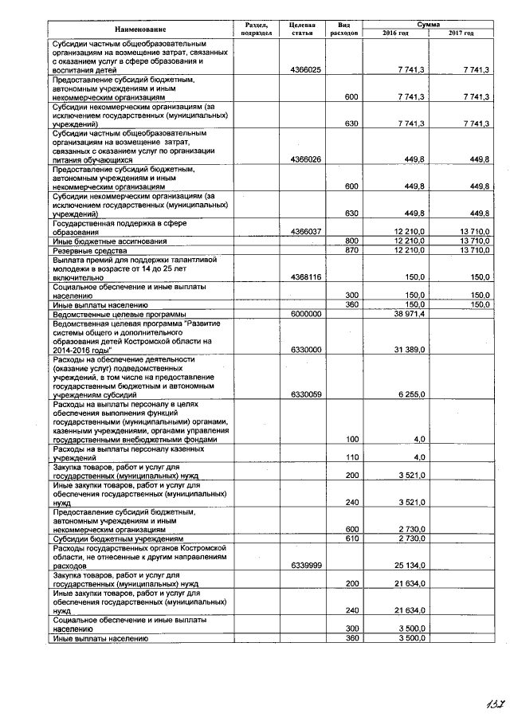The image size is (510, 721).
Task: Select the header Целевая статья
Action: (306, 29)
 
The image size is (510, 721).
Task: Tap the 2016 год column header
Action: (395, 33)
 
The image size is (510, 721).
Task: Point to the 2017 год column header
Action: (461, 33)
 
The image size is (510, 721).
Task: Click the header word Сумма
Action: (428, 25)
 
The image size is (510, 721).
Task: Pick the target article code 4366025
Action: (306, 70)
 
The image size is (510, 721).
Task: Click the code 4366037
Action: (306, 232)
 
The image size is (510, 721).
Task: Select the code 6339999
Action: (306, 566)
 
